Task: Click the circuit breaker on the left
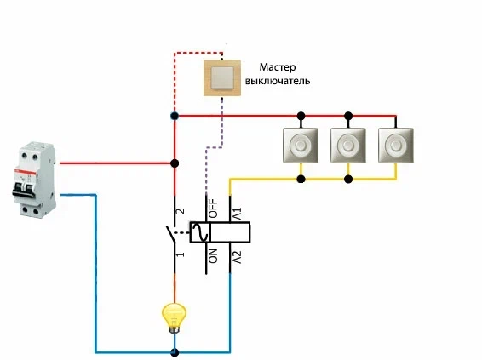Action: [x=34, y=180]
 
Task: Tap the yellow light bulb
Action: [x=174, y=318]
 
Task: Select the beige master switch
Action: [x=222, y=77]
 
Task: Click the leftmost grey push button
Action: [x=301, y=146]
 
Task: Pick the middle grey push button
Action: [x=348, y=146]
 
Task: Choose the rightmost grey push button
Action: [x=396, y=146]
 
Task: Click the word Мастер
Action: [x=278, y=67]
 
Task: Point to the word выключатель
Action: [x=278, y=81]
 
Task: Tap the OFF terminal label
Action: [x=213, y=209]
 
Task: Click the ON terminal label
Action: [x=213, y=256]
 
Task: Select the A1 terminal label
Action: [x=238, y=214]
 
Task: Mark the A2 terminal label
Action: [x=238, y=257]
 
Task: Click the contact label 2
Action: [x=181, y=211]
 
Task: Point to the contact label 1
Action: [x=181, y=254]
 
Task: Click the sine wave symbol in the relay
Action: [x=200, y=232]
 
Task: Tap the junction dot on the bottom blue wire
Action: [x=175, y=352]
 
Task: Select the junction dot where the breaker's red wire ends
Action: [x=175, y=163]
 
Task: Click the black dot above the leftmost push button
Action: [x=301, y=116]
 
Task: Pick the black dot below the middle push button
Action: [x=348, y=179]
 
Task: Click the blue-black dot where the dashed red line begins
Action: [x=175, y=116]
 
